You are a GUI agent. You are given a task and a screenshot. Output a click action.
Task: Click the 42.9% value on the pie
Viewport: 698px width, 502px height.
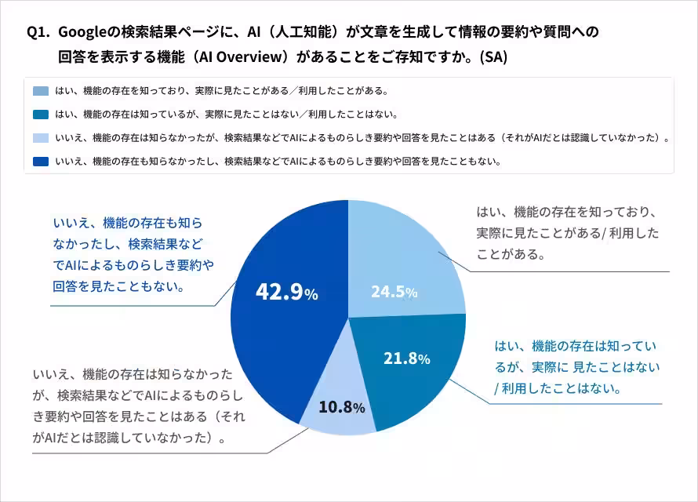click(286, 292)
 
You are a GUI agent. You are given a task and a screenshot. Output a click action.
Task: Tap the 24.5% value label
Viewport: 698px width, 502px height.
click(394, 292)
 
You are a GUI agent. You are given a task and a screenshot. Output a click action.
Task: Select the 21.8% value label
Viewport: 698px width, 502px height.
click(406, 358)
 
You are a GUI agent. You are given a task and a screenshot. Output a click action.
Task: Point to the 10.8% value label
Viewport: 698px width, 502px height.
click(341, 407)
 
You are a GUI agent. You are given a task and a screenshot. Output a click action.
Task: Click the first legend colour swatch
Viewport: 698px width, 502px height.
click(42, 91)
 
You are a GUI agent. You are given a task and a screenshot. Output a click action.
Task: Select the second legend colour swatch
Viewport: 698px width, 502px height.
click(42, 115)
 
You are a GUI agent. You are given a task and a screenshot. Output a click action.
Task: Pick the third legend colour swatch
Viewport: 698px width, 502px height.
click(42, 138)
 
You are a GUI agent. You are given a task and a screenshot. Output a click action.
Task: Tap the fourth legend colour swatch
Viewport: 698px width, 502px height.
click(42, 162)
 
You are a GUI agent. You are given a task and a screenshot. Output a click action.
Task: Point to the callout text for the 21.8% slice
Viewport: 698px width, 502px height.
click(576, 367)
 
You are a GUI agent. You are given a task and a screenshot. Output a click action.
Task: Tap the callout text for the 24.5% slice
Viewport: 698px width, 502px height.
click(567, 234)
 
